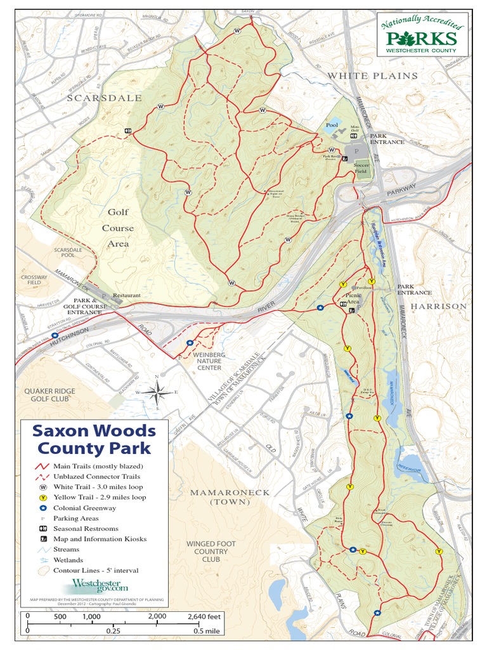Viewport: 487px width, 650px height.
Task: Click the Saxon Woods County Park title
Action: point(94,439)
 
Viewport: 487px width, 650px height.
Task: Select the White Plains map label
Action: point(372,76)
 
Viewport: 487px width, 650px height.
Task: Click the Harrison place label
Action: point(438,306)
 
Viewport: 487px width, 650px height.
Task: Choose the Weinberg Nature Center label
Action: point(209,361)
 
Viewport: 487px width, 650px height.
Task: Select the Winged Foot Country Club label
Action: point(211,552)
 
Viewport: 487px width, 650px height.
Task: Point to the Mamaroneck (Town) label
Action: point(230,497)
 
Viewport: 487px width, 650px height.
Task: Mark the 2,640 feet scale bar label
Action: point(204,616)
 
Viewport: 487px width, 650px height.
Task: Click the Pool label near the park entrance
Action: point(332,125)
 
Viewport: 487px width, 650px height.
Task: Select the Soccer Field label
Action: point(361,167)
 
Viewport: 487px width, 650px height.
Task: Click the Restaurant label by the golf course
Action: point(126,295)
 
